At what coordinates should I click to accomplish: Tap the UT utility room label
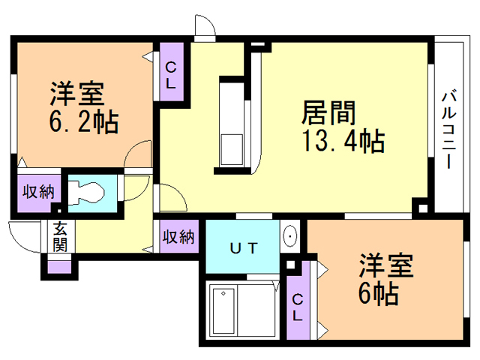(x=244, y=247)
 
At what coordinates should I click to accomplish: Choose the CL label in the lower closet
(x=298, y=307)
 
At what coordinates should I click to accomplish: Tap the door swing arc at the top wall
(x=202, y=26)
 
